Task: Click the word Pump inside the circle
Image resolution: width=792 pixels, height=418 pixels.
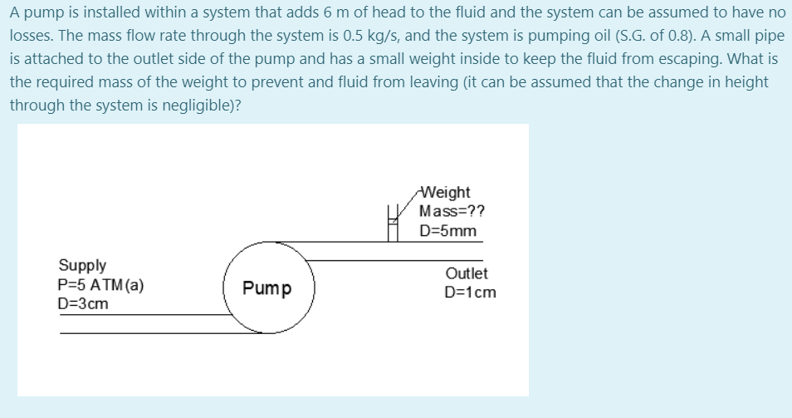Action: pos(266,288)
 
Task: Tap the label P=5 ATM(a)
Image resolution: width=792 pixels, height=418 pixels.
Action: pos(101,284)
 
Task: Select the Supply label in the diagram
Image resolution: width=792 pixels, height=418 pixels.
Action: pos(82,265)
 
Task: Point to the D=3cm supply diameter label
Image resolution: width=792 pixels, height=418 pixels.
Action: pos(83,303)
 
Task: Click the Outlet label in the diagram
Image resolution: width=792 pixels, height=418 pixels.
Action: pos(467,273)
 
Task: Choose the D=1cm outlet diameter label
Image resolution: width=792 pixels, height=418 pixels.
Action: pos(470,292)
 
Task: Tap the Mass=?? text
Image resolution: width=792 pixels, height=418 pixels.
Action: pos(452,211)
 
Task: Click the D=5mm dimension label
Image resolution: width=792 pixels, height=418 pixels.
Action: pos(448,230)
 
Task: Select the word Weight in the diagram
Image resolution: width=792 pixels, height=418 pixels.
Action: pos(446,193)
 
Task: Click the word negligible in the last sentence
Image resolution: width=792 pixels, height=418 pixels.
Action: pos(172,107)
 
